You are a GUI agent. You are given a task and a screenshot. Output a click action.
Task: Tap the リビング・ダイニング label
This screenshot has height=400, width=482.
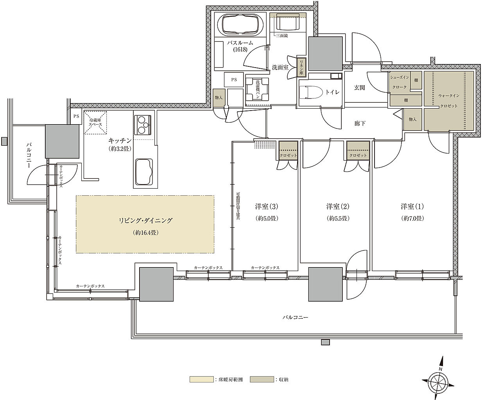click(x=145, y=221)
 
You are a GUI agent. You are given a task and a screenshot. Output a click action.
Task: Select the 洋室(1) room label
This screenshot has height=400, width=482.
click(x=412, y=206)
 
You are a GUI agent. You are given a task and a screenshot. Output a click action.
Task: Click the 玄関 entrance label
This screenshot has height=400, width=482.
click(x=359, y=88)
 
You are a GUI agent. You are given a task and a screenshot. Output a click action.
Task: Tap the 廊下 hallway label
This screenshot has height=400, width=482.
click(x=360, y=123)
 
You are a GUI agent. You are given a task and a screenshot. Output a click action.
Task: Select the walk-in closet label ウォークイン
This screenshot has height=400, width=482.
click(x=449, y=95)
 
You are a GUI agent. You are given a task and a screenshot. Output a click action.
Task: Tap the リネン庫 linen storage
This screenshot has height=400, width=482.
click(x=301, y=67)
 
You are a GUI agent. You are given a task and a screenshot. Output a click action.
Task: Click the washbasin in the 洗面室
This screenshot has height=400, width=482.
click(x=288, y=23)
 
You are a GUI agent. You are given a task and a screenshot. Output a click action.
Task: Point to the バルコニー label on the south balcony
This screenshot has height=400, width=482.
click(x=295, y=318)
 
